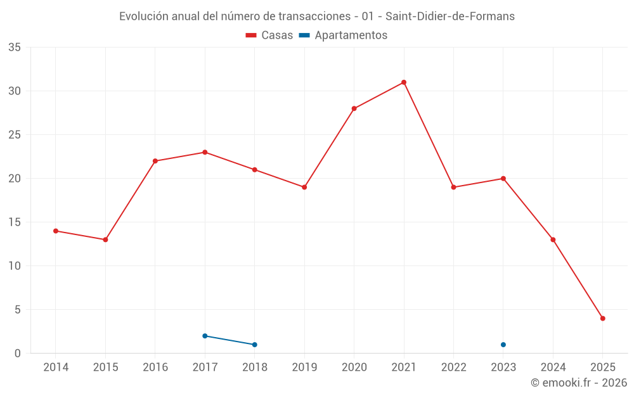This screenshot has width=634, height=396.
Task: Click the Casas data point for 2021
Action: coord(404,82)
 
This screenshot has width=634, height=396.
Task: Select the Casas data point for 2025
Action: coord(603,319)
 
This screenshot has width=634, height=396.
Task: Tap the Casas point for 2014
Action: coord(56,231)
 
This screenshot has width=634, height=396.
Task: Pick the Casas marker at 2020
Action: coord(354,108)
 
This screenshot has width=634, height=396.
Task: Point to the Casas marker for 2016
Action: coord(155,161)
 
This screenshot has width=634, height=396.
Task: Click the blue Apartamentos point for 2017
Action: coord(205,336)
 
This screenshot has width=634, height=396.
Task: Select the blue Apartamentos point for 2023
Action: coord(503,345)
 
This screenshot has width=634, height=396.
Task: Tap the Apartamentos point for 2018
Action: coord(255,345)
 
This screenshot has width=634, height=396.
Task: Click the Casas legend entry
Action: coord(269,35)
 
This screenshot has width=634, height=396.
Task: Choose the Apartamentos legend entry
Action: coord(343,35)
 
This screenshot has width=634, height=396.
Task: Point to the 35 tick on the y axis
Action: coord(15,48)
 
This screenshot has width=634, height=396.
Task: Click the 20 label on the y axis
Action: coord(15,179)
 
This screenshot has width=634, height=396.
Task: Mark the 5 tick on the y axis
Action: coord(18,310)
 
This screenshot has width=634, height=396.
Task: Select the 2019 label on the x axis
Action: coord(304,367)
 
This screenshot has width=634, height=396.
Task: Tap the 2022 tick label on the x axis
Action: coord(453,367)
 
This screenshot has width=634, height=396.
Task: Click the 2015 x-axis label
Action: coord(105,367)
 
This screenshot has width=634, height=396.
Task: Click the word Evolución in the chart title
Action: coord(144,16)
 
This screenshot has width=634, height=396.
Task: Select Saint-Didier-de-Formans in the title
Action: coord(450,16)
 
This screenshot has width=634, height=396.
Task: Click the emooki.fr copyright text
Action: coord(579,383)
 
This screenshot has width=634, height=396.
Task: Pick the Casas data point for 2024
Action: coord(553,240)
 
